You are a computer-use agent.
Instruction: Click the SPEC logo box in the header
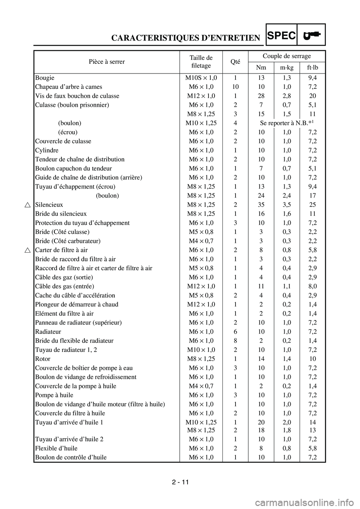(x=282, y=35)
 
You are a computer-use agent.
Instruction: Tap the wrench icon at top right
(x=312, y=35)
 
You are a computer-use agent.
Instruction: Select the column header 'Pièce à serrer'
(x=107, y=61)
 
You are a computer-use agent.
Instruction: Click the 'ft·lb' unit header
(x=311, y=67)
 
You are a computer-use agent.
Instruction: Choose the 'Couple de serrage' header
(x=286, y=56)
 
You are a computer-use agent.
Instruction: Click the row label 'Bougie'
(x=45, y=78)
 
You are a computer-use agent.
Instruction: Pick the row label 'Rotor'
(x=42, y=359)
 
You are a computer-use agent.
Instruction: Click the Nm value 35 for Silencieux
(x=261, y=205)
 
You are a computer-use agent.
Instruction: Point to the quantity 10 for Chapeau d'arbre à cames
(x=235, y=87)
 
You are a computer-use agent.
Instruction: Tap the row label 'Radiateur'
(x=48, y=332)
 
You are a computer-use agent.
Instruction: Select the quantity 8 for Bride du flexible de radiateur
(x=235, y=341)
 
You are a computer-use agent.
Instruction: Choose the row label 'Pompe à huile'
(x=54, y=395)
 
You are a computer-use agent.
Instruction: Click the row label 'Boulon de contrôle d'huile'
(x=70, y=457)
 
